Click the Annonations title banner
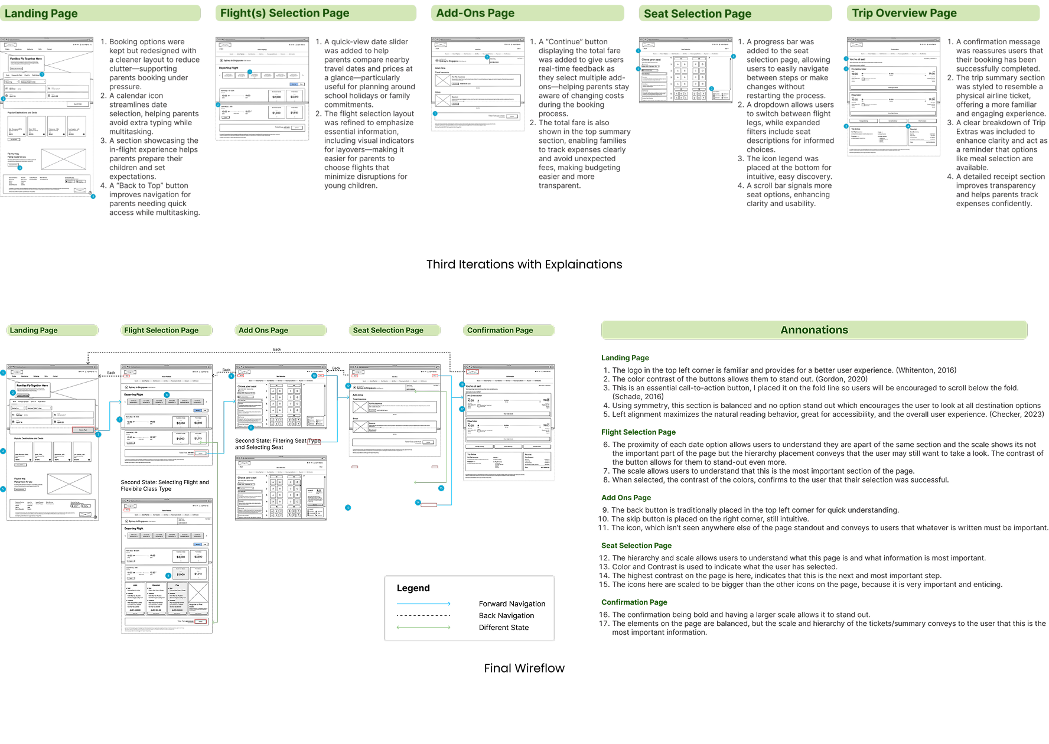coord(814,330)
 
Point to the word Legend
coord(413,588)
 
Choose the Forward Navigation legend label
coord(512,603)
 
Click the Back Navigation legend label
coord(506,615)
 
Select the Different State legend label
coord(504,628)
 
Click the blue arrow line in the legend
coord(423,603)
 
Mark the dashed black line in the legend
coord(423,615)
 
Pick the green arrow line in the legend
coord(423,627)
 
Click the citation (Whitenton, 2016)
coord(926,370)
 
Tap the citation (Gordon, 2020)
coord(842,379)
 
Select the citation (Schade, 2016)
coord(638,397)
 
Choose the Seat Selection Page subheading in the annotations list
coord(636,546)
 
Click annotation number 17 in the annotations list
coord(604,624)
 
